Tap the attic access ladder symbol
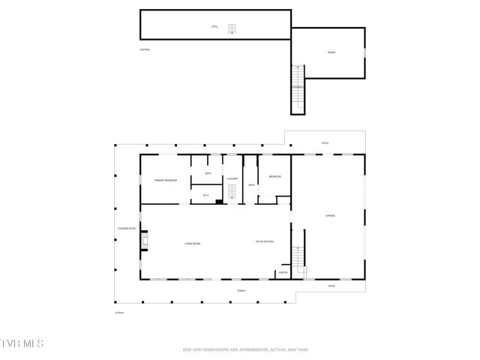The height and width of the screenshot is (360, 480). pyautogui.click(x=232, y=29)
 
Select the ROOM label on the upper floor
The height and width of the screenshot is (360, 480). pyautogui.click(x=331, y=52)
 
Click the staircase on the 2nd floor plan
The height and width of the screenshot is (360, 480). pyautogui.click(x=298, y=88)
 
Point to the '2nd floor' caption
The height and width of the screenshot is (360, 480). pyautogui.click(x=145, y=49)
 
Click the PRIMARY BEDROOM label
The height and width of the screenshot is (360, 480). pyautogui.click(x=166, y=181)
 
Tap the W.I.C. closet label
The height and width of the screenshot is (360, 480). pyautogui.click(x=205, y=196)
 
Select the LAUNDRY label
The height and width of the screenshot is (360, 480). pyautogui.click(x=232, y=178)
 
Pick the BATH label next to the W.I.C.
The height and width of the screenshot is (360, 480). pyautogui.click(x=208, y=174)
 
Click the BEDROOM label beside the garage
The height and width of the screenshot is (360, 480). pyautogui.click(x=275, y=176)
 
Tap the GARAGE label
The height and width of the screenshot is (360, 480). pyautogui.click(x=330, y=215)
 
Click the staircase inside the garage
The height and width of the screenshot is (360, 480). pyautogui.click(x=299, y=261)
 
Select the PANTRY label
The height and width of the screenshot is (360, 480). pyautogui.click(x=283, y=272)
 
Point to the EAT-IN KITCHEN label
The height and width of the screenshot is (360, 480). pyautogui.click(x=265, y=241)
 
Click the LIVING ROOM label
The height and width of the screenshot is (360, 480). pyautogui.click(x=193, y=243)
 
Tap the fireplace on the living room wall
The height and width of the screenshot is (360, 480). pyautogui.click(x=145, y=241)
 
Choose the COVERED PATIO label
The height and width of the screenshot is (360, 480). pyautogui.click(x=126, y=229)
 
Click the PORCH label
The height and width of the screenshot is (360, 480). pyautogui.click(x=241, y=290)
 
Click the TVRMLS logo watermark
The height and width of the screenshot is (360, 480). pyautogui.click(x=22, y=343)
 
